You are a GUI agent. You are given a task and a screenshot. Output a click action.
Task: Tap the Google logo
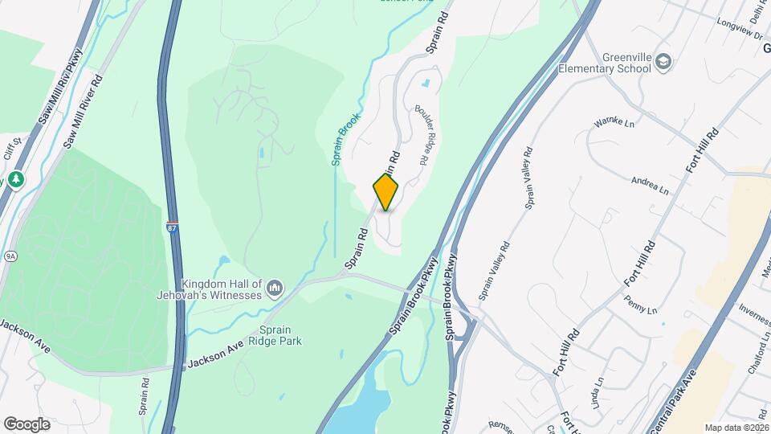(27, 424)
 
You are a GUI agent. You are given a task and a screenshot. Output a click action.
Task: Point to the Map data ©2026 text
(736, 428)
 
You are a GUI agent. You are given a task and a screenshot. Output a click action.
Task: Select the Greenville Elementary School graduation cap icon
(663, 62)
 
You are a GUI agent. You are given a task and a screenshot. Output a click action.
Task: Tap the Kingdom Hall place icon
(275, 288)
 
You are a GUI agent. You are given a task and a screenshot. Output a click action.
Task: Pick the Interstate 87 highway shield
(173, 227)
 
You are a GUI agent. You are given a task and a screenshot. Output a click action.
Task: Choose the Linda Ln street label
(598, 393)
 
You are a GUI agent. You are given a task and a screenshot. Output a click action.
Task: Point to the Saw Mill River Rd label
(84, 111)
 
